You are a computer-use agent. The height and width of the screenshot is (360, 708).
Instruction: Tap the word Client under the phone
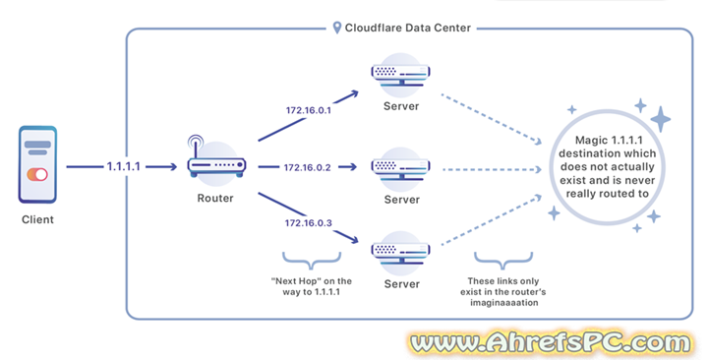pyautogui.click(x=37, y=219)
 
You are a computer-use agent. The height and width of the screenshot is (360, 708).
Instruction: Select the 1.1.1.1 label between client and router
pyautogui.click(x=124, y=167)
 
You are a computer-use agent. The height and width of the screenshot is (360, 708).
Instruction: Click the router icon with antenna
pyautogui.click(x=213, y=161)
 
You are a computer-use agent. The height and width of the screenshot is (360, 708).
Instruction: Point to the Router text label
pyautogui.click(x=213, y=199)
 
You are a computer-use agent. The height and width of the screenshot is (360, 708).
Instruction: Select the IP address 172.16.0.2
pyautogui.click(x=310, y=167)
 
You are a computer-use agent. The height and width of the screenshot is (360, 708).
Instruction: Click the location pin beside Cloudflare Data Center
pyautogui.click(x=337, y=28)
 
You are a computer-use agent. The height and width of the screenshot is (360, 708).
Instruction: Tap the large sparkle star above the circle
pyautogui.click(x=660, y=119)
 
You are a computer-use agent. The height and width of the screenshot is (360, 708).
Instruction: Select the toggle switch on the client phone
pyautogui.click(x=37, y=174)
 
